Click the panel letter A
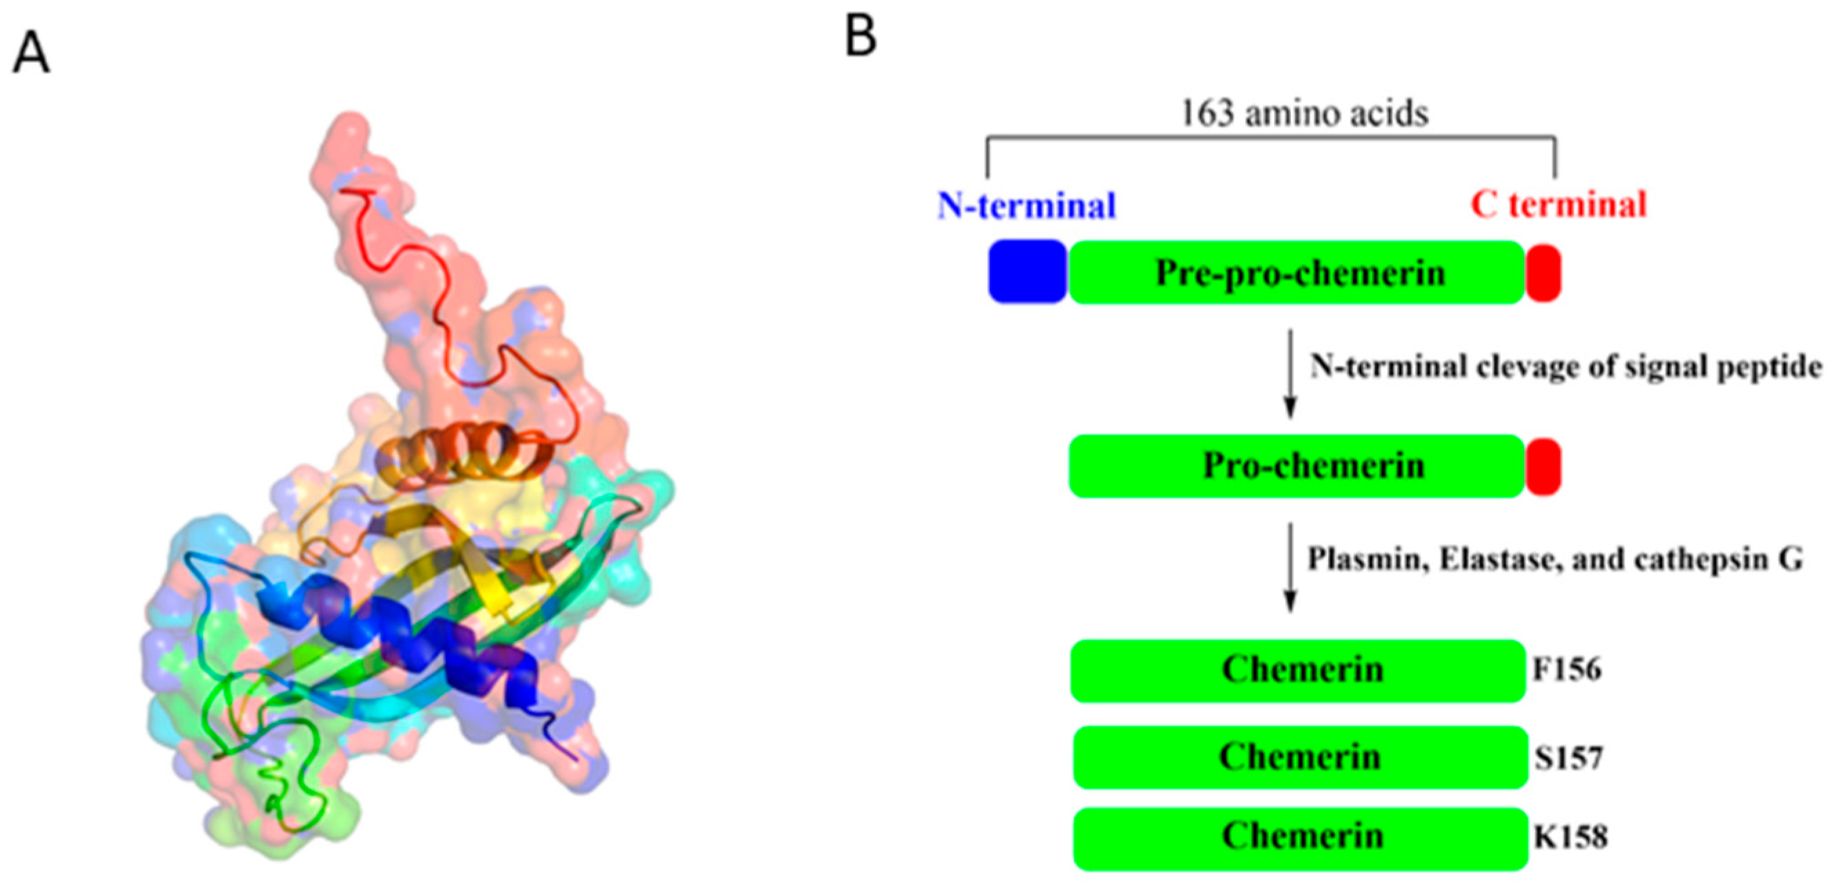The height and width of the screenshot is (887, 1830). [x=31, y=54]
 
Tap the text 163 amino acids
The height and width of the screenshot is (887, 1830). [x=1304, y=114]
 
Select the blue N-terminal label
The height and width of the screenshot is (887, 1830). [x=1026, y=206]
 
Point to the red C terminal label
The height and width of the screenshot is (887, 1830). [x=1558, y=205]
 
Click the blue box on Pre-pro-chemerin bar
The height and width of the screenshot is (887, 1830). [x=1027, y=271]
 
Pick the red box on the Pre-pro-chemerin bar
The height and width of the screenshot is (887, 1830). [x=1543, y=273]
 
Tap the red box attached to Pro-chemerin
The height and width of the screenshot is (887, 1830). [x=1543, y=467]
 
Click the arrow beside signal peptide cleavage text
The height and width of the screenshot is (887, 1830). [x=1291, y=373]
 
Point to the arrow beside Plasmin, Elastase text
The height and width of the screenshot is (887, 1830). [x=1291, y=567]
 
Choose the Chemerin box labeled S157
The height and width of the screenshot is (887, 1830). [x=1300, y=757]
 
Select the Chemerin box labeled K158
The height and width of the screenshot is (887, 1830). [x=1300, y=838]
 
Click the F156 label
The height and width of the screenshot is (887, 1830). [x=1567, y=670]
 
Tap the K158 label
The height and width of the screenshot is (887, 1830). [x=1570, y=838]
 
